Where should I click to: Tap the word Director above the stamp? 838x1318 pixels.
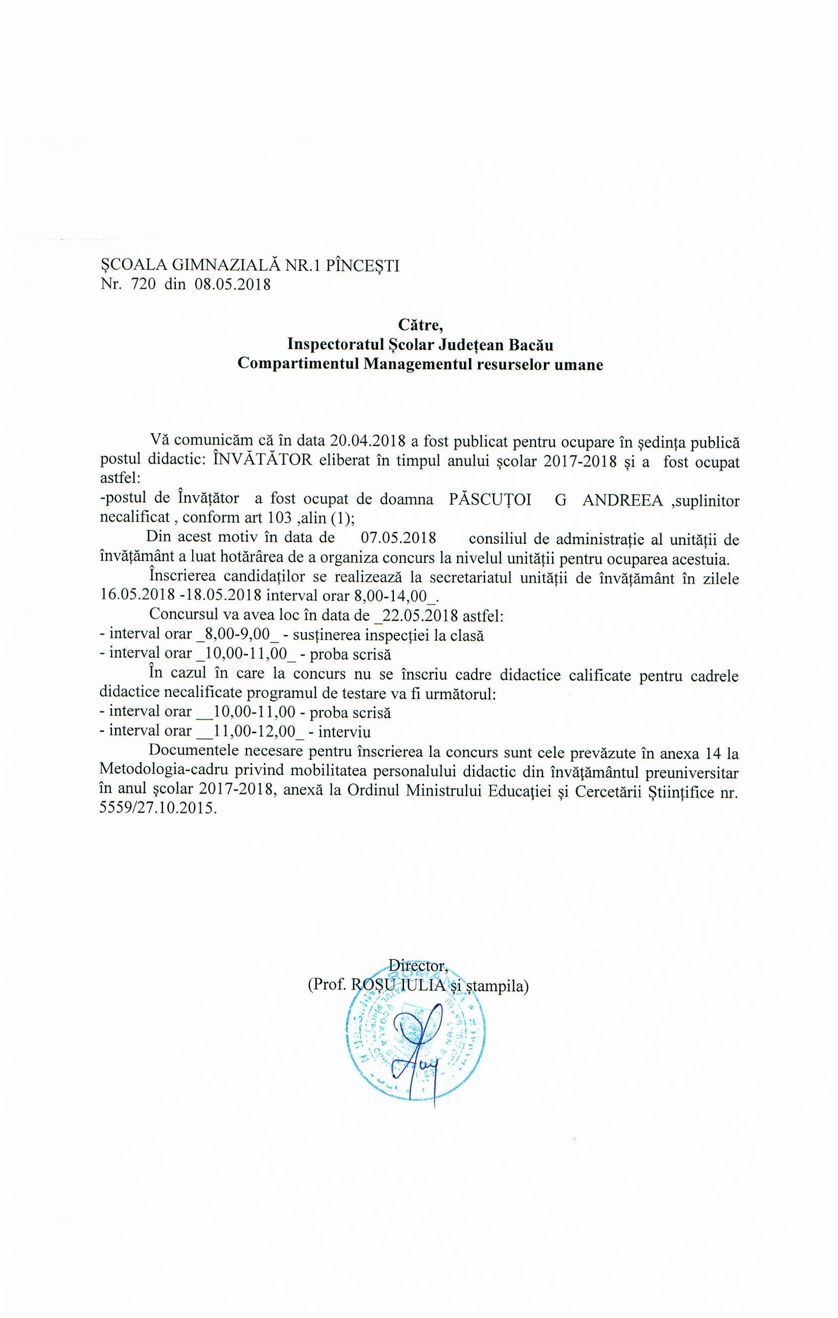[x=419, y=964]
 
